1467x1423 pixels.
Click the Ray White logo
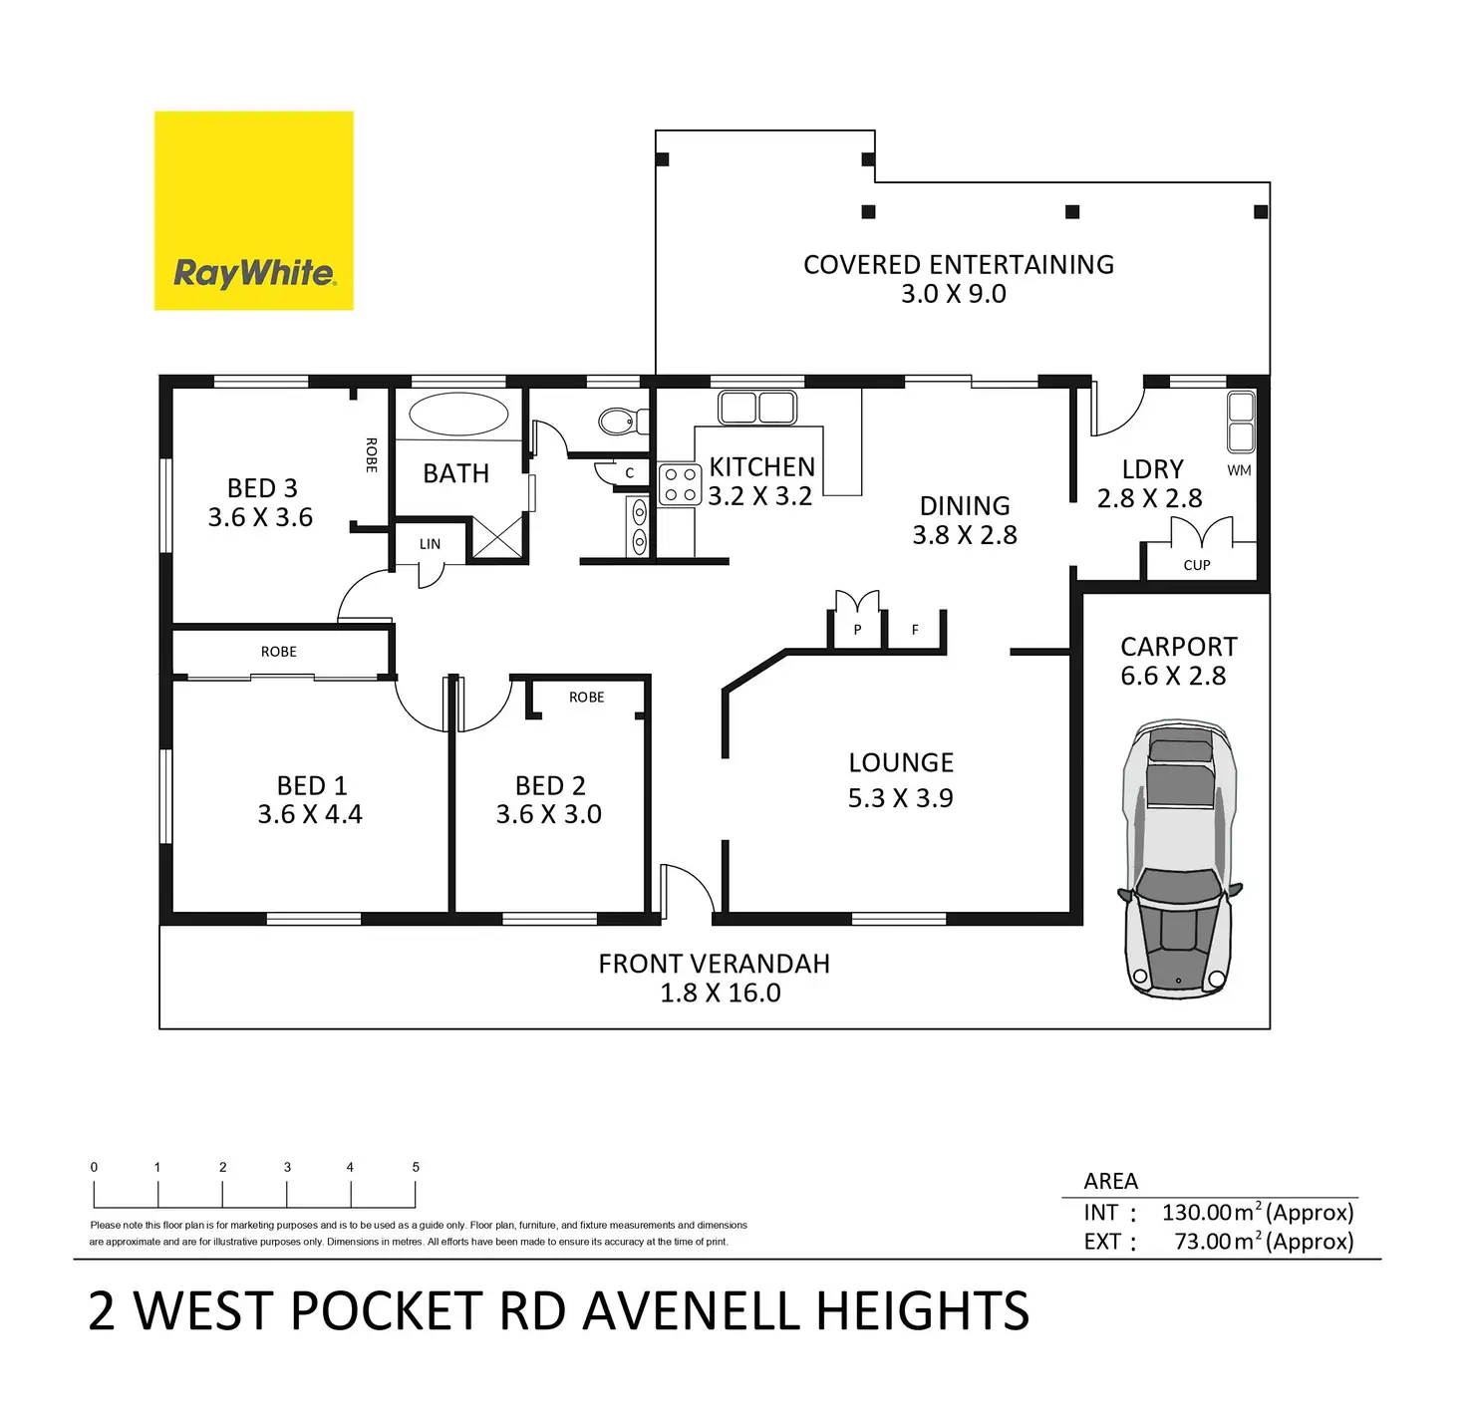(253, 211)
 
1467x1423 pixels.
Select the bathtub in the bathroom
(458, 415)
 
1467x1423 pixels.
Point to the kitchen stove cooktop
(680, 485)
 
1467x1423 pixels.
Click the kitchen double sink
(757, 408)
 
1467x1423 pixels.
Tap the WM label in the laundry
(1239, 470)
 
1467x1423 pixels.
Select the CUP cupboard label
(1197, 565)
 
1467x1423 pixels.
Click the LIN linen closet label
(430, 544)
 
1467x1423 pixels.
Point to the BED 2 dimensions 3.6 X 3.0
(549, 815)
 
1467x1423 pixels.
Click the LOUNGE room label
(901, 763)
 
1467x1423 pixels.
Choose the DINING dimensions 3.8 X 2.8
(965, 536)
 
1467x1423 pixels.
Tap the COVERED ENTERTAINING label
(959, 265)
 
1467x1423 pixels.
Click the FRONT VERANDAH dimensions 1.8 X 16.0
(721, 994)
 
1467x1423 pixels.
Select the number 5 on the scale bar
(416, 1167)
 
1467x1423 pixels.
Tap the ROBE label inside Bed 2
(587, 698)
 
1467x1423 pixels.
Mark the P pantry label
(857, 630)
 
